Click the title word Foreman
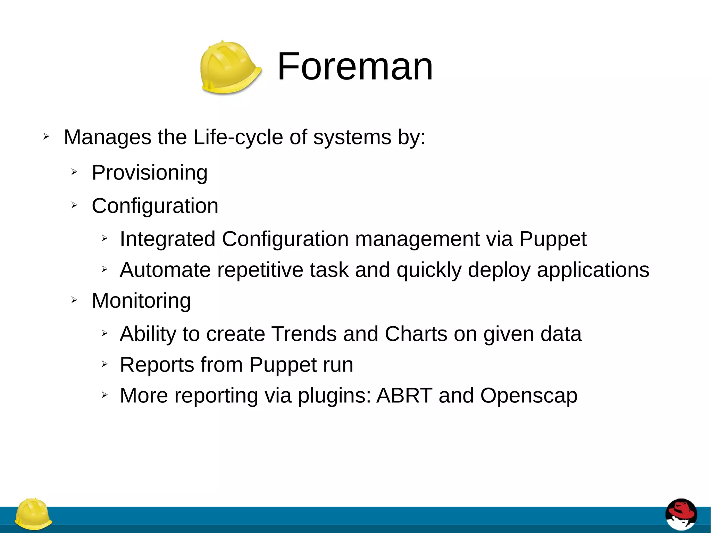tap(355, 66)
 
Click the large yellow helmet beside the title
tap(230, 68)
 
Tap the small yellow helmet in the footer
tap(33, 514)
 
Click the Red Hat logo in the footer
tap(681, 514)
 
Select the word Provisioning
tap(150, 173)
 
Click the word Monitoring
tap(141, 300)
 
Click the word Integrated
tap(167, 239)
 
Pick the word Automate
tap(165, 270)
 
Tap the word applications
tap(593, 270)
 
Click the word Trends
tap(304, 334)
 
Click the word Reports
tap(157, 365)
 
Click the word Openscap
tap(529, 395)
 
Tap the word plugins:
tap(335, 395)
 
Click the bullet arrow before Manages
tap(46, 136)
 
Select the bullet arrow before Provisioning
tap(74, 172)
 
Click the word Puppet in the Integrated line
tap(553, 239)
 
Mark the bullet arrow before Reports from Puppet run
tap(104, 364)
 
